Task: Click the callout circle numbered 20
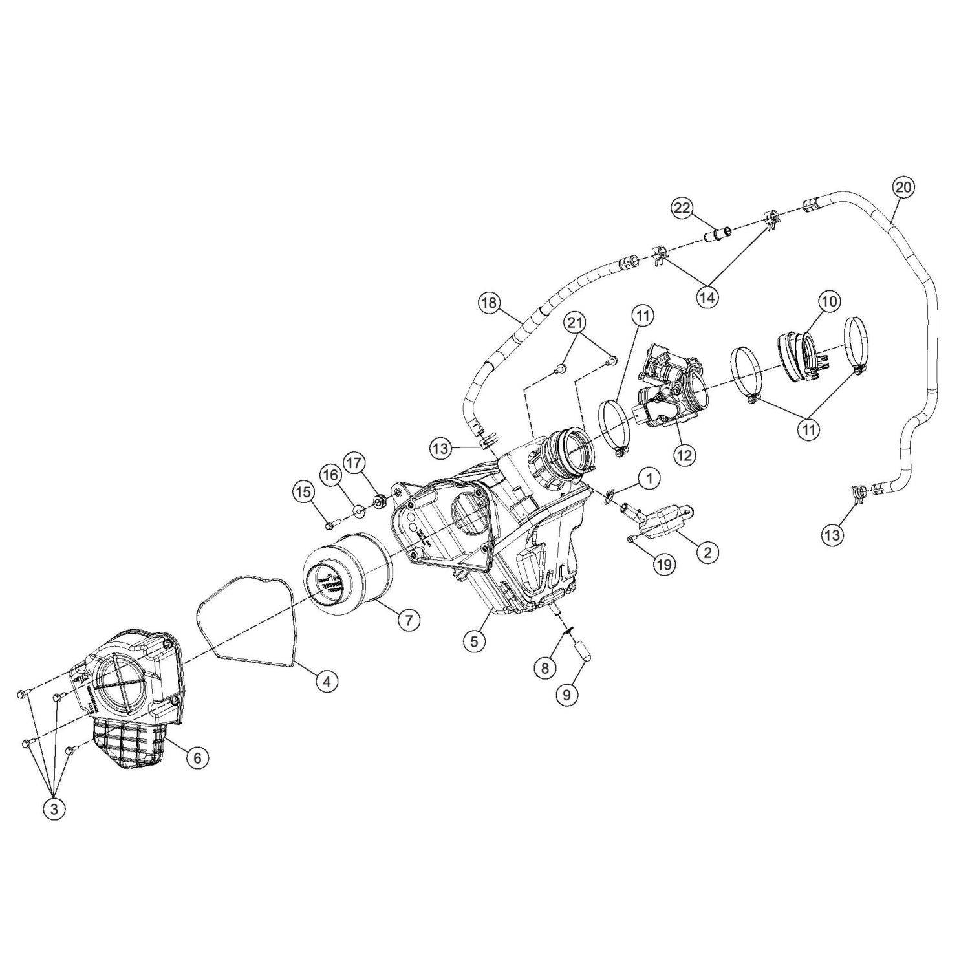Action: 904,188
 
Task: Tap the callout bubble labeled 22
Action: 683,208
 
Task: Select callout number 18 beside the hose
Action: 490,303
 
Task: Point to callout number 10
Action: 829,301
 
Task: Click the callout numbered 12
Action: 684,455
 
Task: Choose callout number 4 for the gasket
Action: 327,680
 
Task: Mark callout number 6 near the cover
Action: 197,757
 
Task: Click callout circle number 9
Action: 567,694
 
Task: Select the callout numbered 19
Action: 664,564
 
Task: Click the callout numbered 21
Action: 576,321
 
